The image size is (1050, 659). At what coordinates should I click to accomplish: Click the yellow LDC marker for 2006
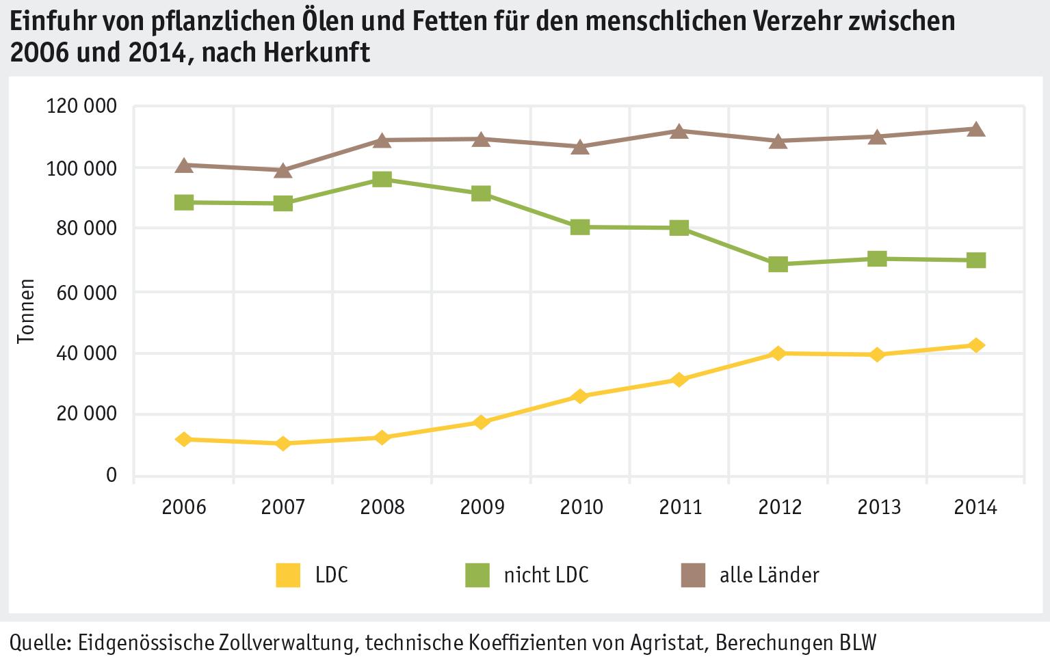point(183,439)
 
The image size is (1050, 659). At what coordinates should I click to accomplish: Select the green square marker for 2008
point(382,180)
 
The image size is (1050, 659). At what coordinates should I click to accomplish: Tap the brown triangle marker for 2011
point(679,131)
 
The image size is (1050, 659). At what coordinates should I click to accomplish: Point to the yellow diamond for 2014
point(976,345)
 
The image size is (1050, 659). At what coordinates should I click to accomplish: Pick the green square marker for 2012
point(778,265)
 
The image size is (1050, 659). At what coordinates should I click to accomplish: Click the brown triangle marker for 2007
point(283,170)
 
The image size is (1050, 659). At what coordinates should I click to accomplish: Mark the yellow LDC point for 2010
point(580,396)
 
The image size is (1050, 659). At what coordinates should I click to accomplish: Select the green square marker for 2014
point(976,260)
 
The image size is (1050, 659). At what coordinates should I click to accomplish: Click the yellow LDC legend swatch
point(287,575)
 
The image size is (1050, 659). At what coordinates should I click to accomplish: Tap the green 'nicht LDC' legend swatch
point(477,575)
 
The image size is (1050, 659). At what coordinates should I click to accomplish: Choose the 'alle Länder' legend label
point(769,575)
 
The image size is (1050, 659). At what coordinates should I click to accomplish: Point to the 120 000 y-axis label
point(81,107)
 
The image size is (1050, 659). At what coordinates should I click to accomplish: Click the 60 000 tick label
point(86,292)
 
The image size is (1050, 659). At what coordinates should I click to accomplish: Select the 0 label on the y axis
point(111,475)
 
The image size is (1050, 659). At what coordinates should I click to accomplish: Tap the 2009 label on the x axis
point(481,507)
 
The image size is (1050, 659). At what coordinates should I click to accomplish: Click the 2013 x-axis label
point(878,507)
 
